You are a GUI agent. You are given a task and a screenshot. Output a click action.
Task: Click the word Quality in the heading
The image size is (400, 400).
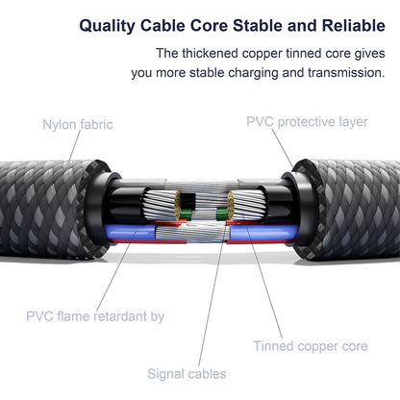point(107,26)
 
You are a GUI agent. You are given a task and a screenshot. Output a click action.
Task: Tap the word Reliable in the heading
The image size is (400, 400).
point(354,25)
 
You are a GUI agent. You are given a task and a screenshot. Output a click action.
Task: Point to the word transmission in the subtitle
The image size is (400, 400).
point(346,73)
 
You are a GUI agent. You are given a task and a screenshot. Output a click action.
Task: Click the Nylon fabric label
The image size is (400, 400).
point(78,124)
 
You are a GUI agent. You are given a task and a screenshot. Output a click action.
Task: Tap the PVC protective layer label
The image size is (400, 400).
point(307,122)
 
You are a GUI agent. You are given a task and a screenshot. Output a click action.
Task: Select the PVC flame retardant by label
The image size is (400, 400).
point(95,316)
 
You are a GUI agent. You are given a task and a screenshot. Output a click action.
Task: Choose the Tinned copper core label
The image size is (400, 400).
point(311,346)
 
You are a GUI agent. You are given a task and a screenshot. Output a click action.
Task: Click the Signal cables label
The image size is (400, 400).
point(187,374)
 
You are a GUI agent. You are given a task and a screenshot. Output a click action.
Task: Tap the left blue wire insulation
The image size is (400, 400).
point(129,232)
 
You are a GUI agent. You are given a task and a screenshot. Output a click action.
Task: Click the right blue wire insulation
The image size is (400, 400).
point(263,232)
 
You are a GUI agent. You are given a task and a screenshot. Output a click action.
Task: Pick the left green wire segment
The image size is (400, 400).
point(186,213)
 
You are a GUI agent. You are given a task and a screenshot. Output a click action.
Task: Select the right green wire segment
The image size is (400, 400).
point(222,213)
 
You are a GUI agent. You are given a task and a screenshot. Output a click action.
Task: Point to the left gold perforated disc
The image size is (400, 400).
point(178,205)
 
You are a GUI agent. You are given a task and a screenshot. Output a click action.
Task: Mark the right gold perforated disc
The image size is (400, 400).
point(230,205)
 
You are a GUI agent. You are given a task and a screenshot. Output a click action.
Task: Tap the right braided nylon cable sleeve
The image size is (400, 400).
point(348,210)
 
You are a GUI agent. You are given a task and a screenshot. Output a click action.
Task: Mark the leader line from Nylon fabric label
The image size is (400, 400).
point(75,146)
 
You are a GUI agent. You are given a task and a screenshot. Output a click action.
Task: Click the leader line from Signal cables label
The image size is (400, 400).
point(212,295)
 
